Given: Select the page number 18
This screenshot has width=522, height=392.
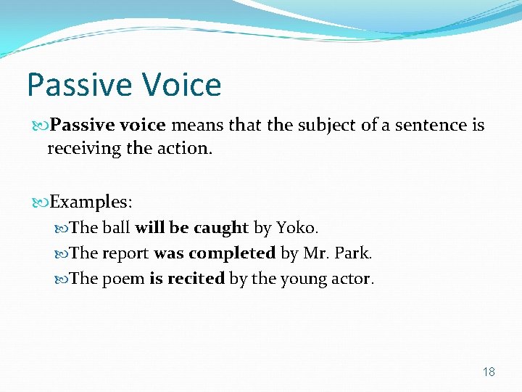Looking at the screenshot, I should (489, 372).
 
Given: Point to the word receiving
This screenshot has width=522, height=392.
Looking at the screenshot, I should (79, 148).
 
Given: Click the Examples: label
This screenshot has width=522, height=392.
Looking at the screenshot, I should (91, 201).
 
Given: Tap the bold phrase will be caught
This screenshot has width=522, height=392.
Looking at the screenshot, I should (191, 228).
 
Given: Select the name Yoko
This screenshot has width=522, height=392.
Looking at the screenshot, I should (296, 228).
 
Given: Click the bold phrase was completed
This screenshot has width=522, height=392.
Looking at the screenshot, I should (214, 253).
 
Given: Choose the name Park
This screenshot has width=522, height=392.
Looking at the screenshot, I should (354, 253).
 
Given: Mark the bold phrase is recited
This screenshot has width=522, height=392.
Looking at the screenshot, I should (186, 279).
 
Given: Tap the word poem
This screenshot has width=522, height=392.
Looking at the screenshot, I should (123, 279).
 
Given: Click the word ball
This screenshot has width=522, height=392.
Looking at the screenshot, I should (116, 228).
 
